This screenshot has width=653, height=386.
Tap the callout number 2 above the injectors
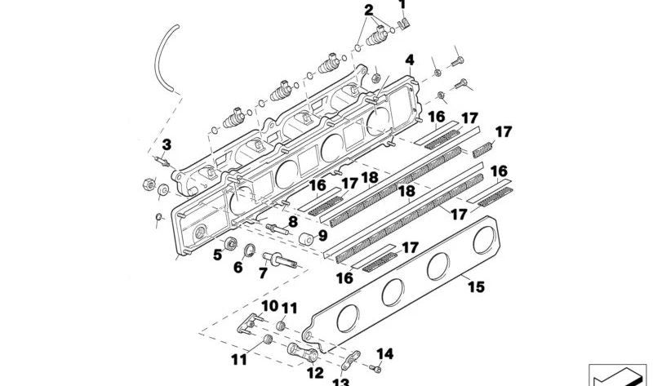point(369,10)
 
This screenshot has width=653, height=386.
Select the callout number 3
point(166,145)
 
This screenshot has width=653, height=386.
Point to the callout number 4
point(409,60)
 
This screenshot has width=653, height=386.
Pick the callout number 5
point(217,255)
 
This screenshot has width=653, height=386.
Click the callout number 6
point(238,266)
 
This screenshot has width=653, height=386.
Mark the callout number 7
point(263,274)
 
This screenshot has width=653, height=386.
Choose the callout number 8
point(292,221)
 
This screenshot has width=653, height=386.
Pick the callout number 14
point(386,354)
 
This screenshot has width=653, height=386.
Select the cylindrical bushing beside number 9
point(307,239)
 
